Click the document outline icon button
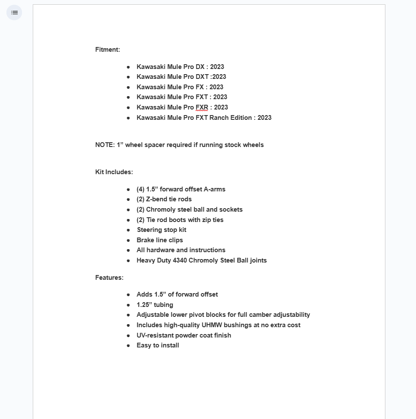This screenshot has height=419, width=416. pyautogui.click(x=14, y=13)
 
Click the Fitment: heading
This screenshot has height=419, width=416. pyautogui.click(x=107, y=50)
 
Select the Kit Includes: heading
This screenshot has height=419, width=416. pyautogui.click(x=114, y=172)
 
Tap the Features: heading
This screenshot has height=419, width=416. pyautogui.click(x=109, y=278)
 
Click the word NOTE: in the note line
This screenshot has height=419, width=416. pyautogui.click(x=105, y=145)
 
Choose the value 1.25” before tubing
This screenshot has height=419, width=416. pyautogui.click(x=144, y=305)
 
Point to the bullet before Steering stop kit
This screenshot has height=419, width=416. pyautogui.click(x=128, y=230)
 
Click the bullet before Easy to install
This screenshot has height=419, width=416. pyautogui.click(x=128, y=345)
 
